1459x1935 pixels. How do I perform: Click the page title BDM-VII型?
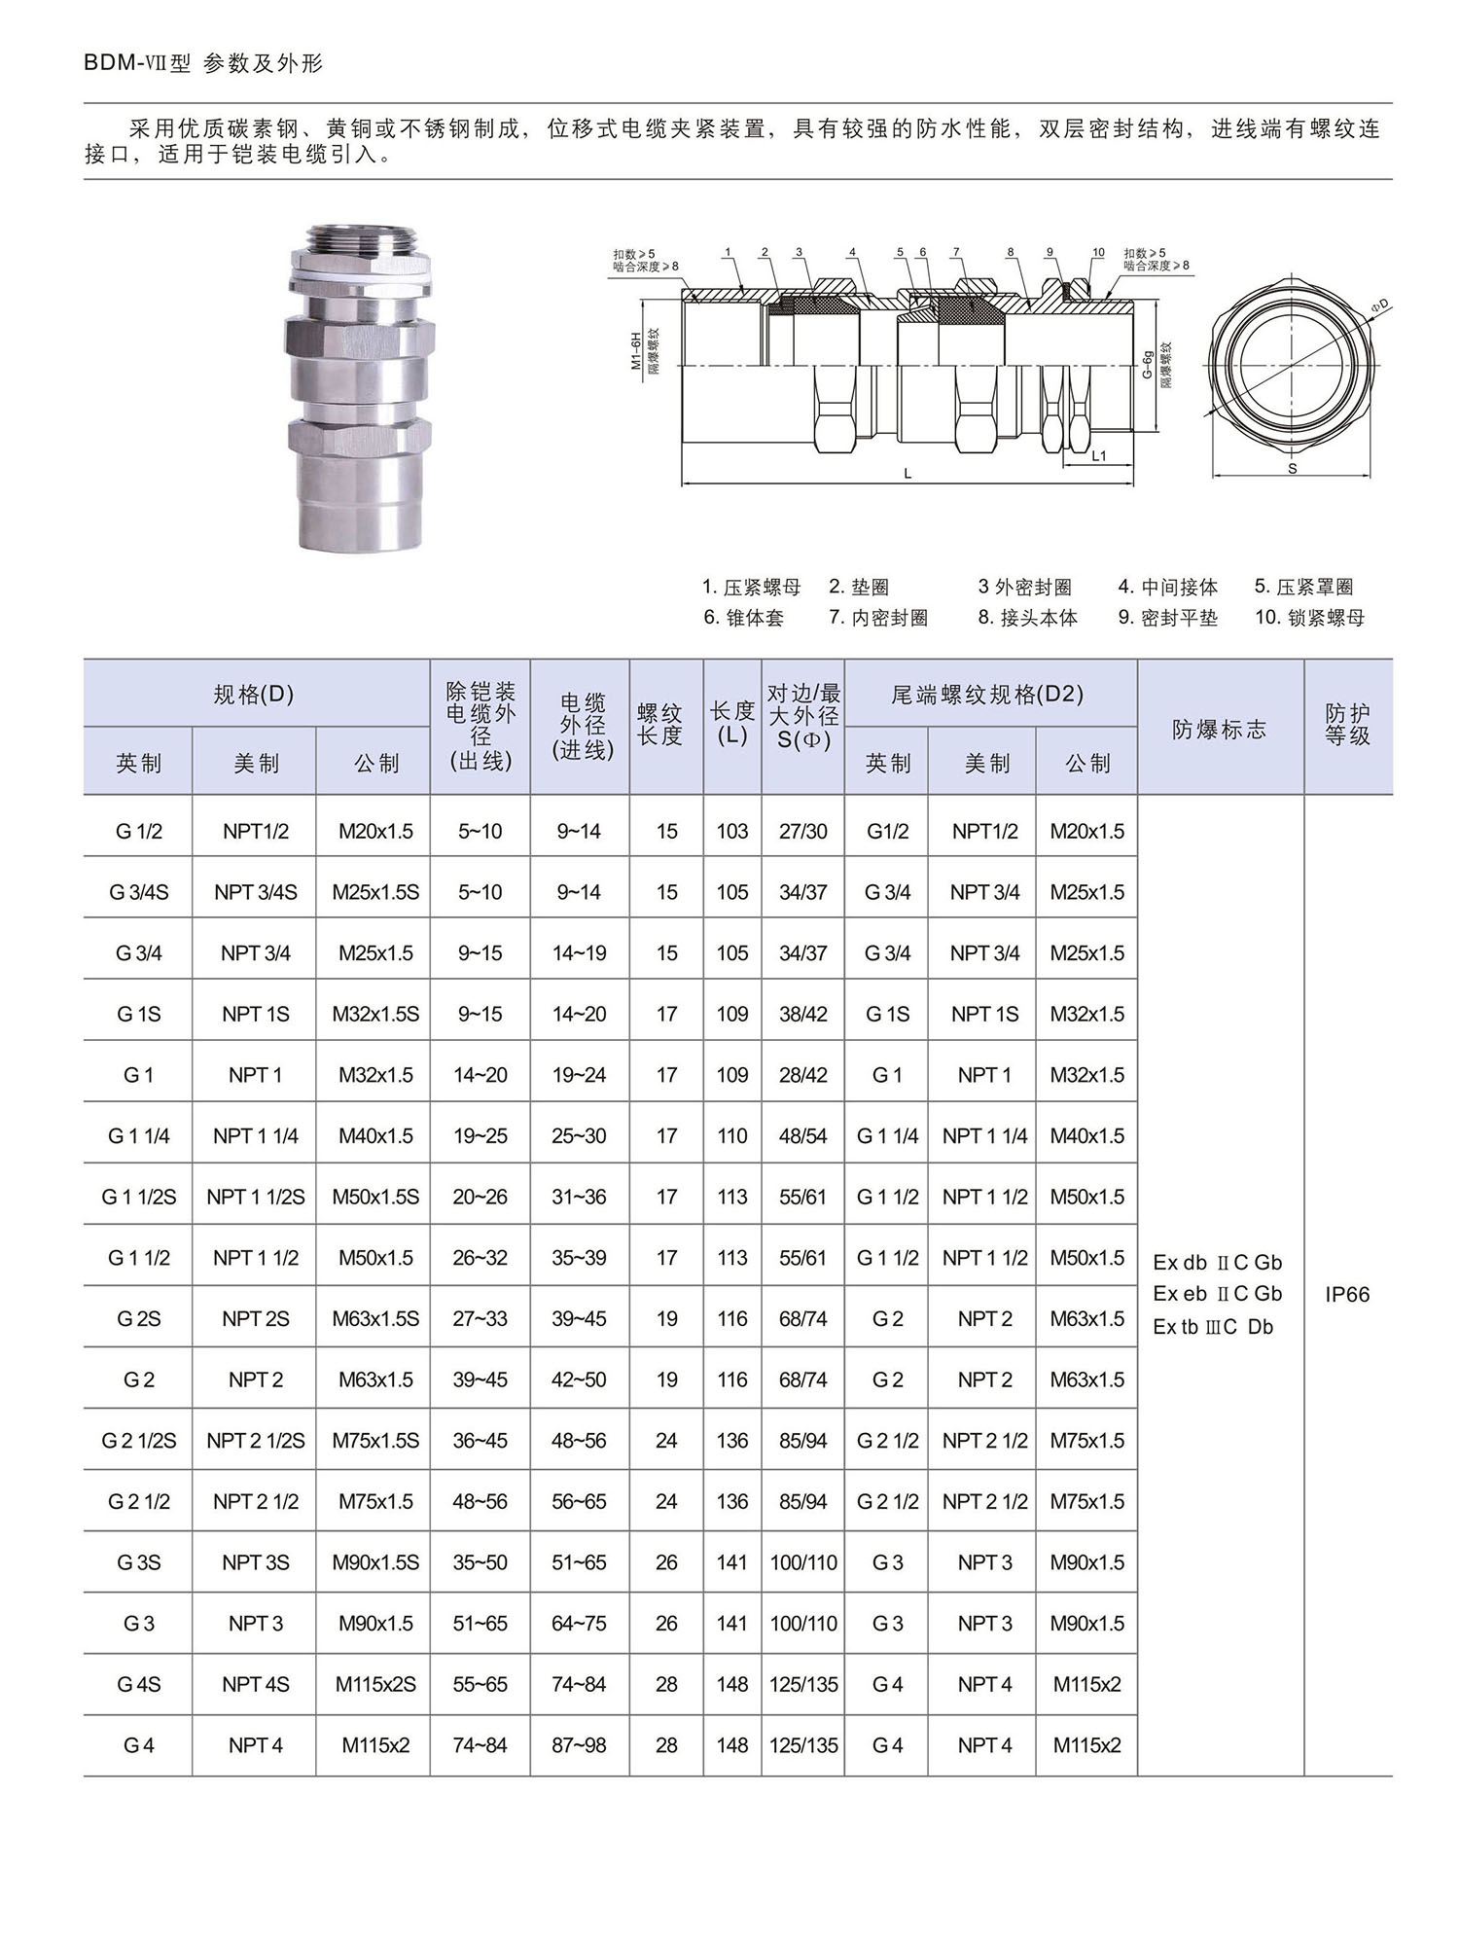[139, 64]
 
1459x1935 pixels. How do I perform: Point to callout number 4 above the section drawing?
[852, 253]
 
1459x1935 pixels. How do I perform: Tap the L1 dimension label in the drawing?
[1098, 454]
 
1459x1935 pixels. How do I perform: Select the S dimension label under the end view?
[1292, 469]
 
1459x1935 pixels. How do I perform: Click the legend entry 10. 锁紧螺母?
[1309, 618]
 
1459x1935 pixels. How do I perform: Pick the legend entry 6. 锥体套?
[743, 618]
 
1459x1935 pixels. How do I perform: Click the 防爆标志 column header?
[1220, 730]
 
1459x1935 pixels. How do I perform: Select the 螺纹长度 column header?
[660, 725]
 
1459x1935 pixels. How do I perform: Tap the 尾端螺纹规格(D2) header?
[987, 694]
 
